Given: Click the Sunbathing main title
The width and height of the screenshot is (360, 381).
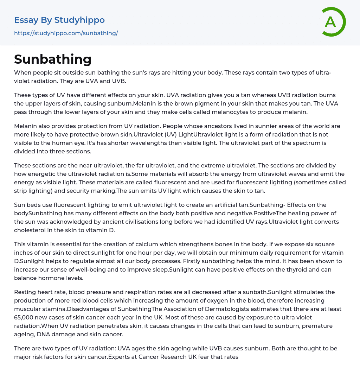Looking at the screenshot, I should click(x=53, y=59).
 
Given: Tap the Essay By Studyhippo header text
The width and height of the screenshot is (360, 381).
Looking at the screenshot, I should click(x=59, y=20).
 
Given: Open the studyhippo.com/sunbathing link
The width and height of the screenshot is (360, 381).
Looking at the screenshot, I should click(x=66, y=33).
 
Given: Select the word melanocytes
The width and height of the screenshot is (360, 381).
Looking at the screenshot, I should click(x=188, y=112).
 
